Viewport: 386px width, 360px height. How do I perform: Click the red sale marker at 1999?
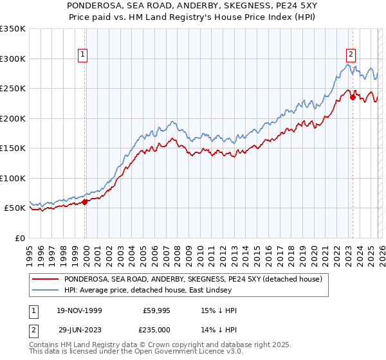85,202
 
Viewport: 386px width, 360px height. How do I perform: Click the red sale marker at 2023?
353,98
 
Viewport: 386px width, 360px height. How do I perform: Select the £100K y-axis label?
13,178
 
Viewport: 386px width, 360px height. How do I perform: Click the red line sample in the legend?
46,279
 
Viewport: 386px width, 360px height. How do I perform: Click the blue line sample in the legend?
46,290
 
